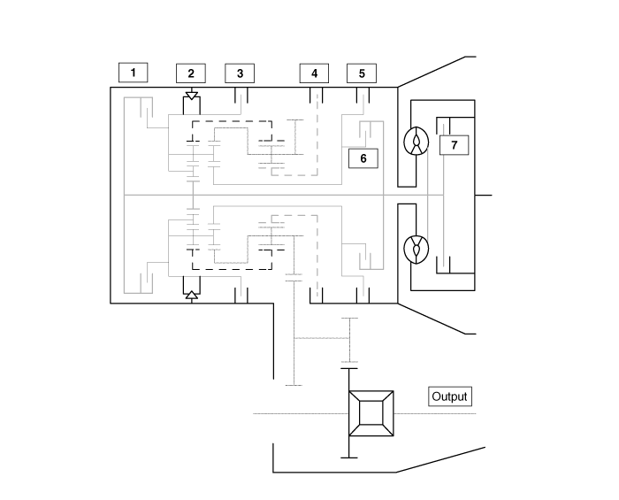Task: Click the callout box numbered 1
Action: (133, 72)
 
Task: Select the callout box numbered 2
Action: (190, 73)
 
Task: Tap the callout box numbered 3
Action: (240, 73)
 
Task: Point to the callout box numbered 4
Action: (314, 73)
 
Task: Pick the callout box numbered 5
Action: (362, 73)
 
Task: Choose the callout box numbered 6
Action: (363, 158)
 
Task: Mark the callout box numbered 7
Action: (454, 144)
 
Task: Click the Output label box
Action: (449, 396)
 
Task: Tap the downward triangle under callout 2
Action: (191, 94)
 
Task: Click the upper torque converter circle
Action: (415, 142)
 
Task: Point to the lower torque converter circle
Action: (415, 250)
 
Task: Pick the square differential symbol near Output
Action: (371, 414)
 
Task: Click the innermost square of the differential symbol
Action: (371, 414)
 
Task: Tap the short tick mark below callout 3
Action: (240, 94)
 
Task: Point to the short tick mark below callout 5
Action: (362, 94)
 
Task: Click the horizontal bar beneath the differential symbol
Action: (350, 457)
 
